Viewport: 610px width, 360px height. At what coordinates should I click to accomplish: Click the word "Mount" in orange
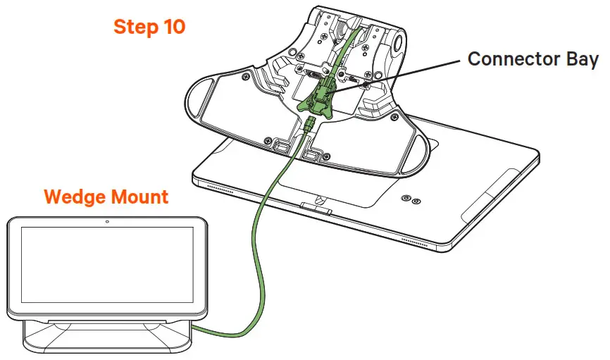point(139,197)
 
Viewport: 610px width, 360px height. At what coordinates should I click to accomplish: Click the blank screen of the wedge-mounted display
point(106,271)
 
